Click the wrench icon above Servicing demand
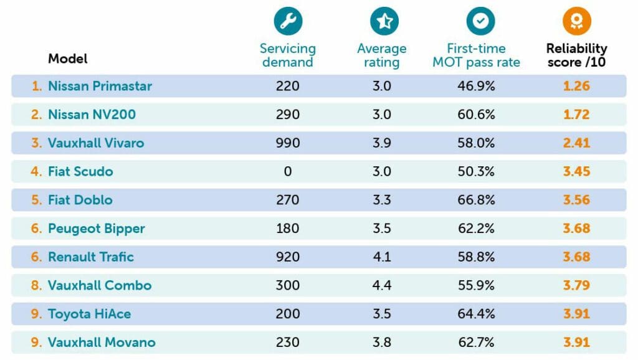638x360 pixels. [287, 22]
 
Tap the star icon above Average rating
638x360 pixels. [384, 22]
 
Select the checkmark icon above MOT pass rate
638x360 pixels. [480, 22]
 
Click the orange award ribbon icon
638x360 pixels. [576, 22]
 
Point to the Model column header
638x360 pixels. [68, 59]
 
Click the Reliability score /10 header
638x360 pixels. [576, 55]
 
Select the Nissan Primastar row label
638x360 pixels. [100, 86]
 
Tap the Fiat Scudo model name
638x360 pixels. [80, 171]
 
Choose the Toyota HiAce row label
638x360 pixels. [89, 314]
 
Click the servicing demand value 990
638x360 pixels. [288, 143]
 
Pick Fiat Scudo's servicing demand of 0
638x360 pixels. [288, 171]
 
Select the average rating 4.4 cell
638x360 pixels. [382, 285]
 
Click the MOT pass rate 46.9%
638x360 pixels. [476, 86]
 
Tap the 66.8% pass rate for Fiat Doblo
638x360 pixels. [476, 200]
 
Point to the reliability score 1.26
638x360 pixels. [576, 86]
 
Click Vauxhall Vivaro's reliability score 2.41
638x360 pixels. [576, 143]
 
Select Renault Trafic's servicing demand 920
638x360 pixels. [288, 257]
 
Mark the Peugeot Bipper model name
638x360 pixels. [96, 229]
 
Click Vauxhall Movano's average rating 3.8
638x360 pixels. [382, 343]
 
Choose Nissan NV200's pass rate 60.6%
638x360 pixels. [476, 115]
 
